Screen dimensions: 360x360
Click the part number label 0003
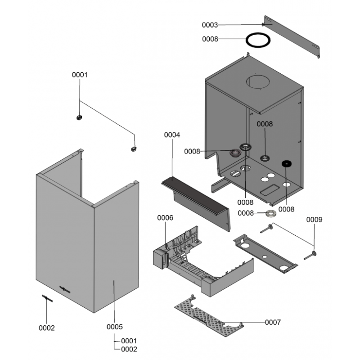[x=210, y=25]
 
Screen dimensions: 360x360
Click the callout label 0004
[x=172, y=135]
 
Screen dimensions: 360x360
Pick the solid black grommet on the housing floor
[x=286, y=164]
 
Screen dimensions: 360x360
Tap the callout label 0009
[x=314, y=220]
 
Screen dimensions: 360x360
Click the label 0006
[x=165, y=217]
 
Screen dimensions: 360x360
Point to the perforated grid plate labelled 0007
[x=202, y=315]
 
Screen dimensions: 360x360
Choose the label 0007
[x=273, y=322]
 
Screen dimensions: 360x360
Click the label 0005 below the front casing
[x=115, y=326]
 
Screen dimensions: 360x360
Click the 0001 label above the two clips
[x=80, y=75]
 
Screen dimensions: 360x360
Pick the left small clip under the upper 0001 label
[x=79, y=117]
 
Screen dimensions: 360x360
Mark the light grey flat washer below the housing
[x=270, y=213]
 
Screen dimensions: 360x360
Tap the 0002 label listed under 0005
[x=129, y=349]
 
